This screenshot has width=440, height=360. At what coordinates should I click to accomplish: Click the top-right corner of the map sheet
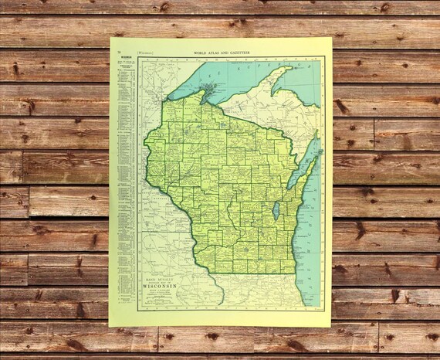point(332,38)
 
